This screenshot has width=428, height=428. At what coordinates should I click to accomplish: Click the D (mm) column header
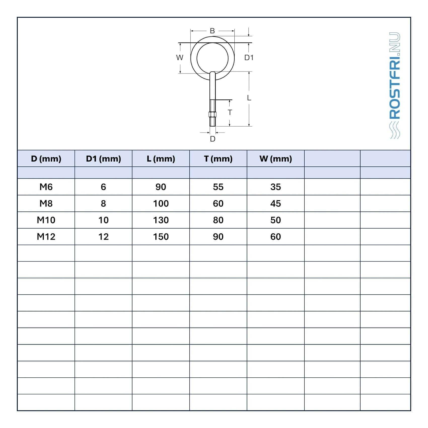tap(46, 159)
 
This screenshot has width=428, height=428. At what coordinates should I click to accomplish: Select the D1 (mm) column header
tap(103, 159)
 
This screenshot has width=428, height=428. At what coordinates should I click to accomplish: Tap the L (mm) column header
tap(161, 159)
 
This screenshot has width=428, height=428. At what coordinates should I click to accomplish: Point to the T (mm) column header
tap(218, 159)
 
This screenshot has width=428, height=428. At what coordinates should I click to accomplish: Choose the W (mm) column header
tap(276, 159)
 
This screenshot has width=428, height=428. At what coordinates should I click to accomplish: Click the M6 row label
tap(46, 187)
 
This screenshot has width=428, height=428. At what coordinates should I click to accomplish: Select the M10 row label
tap(46, 220)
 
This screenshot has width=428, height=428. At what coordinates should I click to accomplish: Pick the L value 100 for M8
tap(161, 204)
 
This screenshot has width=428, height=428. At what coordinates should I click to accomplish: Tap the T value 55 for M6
tap(218, 187)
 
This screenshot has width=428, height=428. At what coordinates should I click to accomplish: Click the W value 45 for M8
tap(276, 204)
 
